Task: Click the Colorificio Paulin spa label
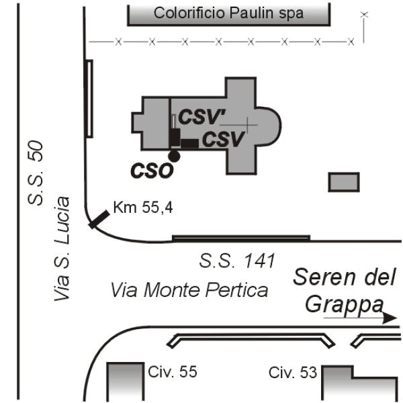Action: click(x=228, y=13)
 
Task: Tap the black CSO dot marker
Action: click(x=174, y=156)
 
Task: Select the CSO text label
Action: click(x=152, y=171)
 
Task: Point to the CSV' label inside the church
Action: click(x=201, y=117)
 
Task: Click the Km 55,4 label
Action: click(x=143, y=208)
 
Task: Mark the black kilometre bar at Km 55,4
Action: click(x=99, y=219)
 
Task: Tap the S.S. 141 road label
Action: click(x=237, y=261)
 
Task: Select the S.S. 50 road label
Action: click(x=36, y=173)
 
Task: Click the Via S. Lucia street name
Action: click(x=62, y=249)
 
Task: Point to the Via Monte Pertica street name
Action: click(x=189, y=290)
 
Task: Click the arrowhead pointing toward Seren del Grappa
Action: click(x=390, y=318)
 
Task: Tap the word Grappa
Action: click(x=344, y=305)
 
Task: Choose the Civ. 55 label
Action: click(x=173, y=371)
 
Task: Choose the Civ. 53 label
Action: click(x=293, y=372)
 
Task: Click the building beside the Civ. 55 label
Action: click(x=125, y=382)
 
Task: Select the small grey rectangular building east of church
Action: click(x=344, y=182)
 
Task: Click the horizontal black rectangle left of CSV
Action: click(x=189, y=144)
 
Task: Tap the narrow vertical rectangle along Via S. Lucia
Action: click(x=89, y=99)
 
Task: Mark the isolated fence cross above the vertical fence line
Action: click(x=364, y=15)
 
